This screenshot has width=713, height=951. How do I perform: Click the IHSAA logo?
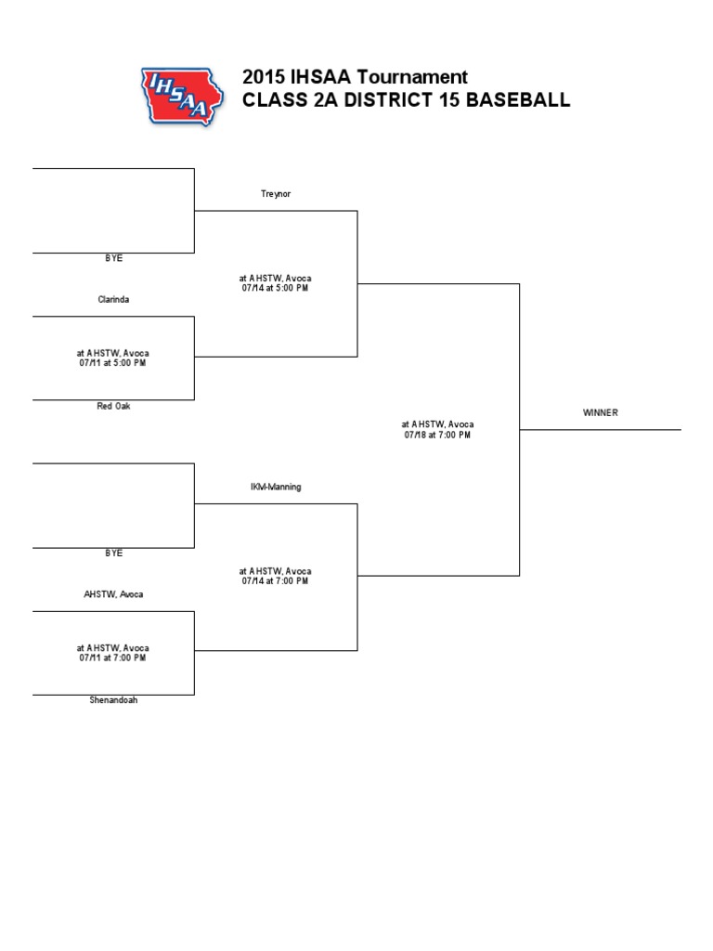coord(181,96)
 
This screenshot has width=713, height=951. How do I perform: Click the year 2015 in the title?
coord(263,77)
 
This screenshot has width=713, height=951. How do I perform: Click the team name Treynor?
coord(276,194)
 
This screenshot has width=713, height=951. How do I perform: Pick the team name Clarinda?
coord(113,300)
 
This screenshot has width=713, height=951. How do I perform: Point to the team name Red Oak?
coord(113,407)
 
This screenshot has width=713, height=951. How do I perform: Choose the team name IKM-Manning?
coord(276,487)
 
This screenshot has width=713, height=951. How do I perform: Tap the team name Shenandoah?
coord(113,700)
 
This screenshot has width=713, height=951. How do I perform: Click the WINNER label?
coord(600,412)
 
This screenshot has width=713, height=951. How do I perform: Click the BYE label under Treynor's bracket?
coord(113,259)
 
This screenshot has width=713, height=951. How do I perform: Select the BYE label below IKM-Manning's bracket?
coord(113,554)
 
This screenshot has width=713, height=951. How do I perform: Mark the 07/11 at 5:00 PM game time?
coord(113,363)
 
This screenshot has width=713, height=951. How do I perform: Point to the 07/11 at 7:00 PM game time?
coord(113,658)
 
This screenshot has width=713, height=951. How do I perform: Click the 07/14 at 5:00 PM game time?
coord(276,289)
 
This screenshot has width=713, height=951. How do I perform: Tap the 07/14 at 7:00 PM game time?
coord(276,581)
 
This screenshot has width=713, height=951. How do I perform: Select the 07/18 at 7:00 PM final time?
coord(438,435)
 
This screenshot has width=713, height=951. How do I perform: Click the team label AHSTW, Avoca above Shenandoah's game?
coord(113,594)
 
